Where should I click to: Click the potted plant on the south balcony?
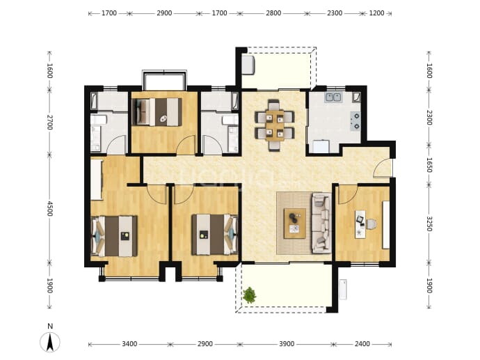tap(250, 295)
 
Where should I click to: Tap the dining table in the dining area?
tap(275, 125)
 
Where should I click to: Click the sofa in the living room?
tap(321, 223)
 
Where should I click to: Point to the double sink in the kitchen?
tap(333, 97)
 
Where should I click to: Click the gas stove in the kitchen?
tap(355, 121)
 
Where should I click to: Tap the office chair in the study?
tap(371, 224)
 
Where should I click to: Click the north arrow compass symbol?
tap(50, 342)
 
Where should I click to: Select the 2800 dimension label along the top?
tap(273, 13)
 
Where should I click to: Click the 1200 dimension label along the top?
tap(376, 13)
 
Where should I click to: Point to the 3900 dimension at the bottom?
tap(287, 344)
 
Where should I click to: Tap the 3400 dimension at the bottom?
tap(129, 344)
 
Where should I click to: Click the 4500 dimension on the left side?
tap(50, 208)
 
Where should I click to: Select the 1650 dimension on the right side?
tap(429, 165)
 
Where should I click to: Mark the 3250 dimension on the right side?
tap(429, 224)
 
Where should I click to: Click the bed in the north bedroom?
tap(157, 112)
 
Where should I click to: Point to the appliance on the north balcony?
tap(248, 65)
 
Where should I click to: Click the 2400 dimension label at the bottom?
tap(362, 344)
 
